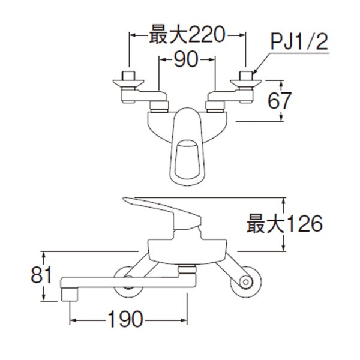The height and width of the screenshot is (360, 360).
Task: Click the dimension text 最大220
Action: tap(186, 37)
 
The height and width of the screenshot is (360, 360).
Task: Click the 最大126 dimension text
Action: tap(284, 224)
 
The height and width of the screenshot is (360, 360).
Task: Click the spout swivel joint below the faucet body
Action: tap(188, 268)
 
